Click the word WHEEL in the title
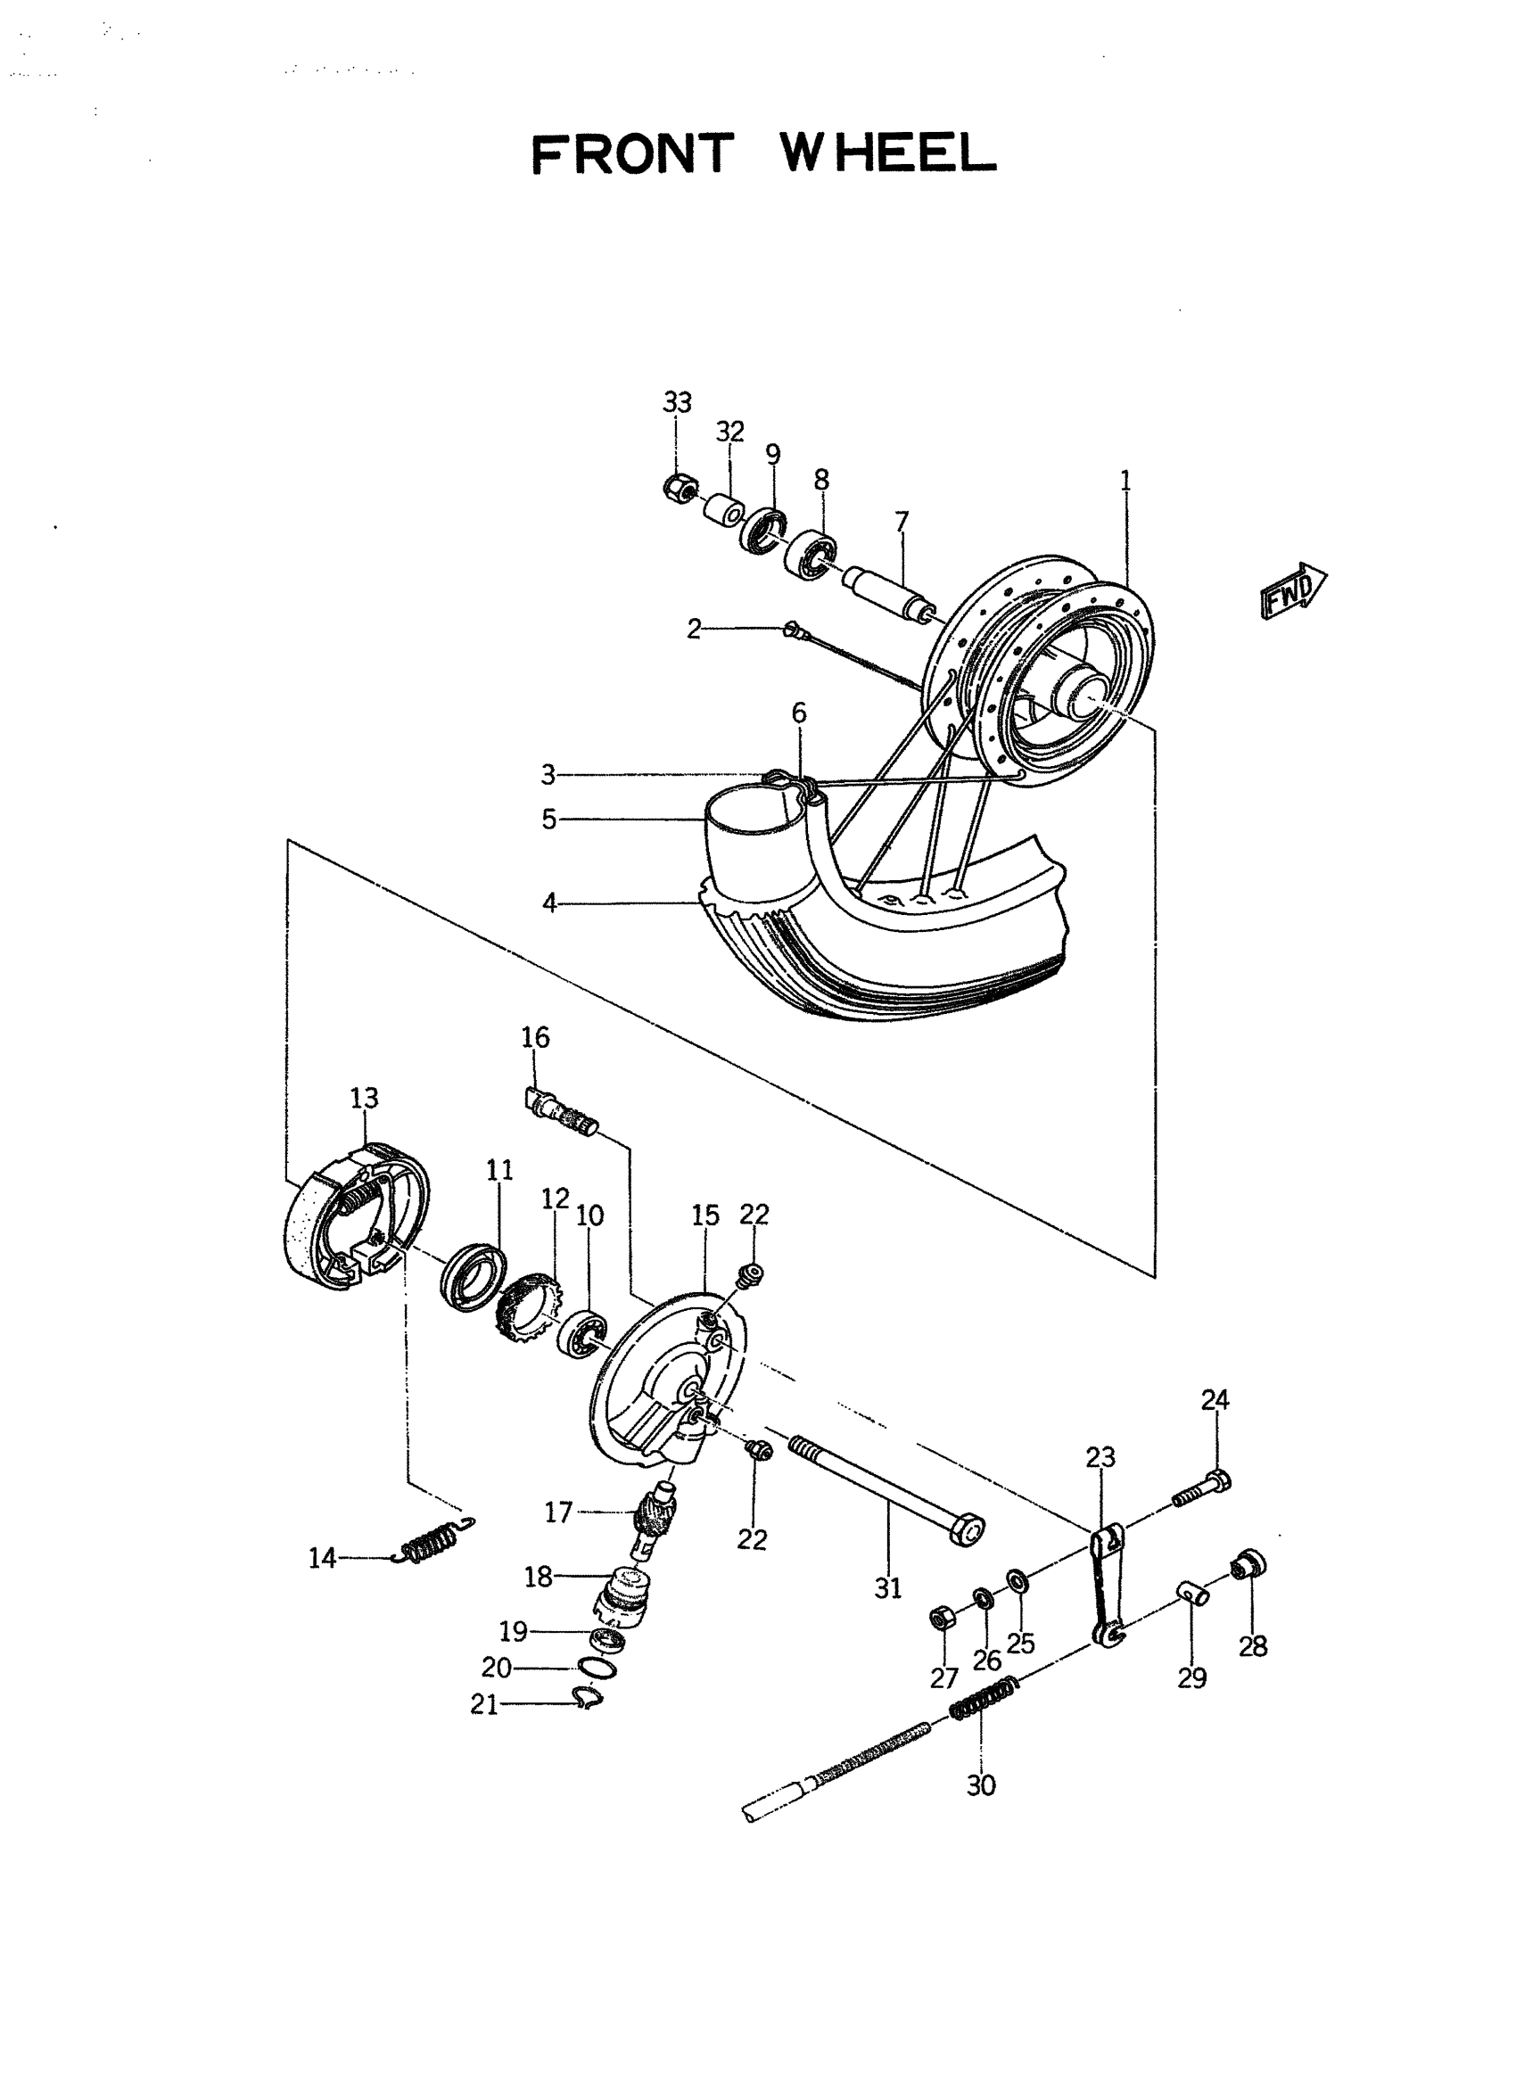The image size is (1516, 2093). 888,153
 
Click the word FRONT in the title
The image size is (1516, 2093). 633,154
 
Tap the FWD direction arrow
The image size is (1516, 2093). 1293,590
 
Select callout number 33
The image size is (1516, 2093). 676,402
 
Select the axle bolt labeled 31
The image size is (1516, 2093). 886,1487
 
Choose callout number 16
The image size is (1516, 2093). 535,1037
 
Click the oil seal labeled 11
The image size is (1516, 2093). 474,1274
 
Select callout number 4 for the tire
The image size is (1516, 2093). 549,903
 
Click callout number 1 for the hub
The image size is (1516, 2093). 1125,480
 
